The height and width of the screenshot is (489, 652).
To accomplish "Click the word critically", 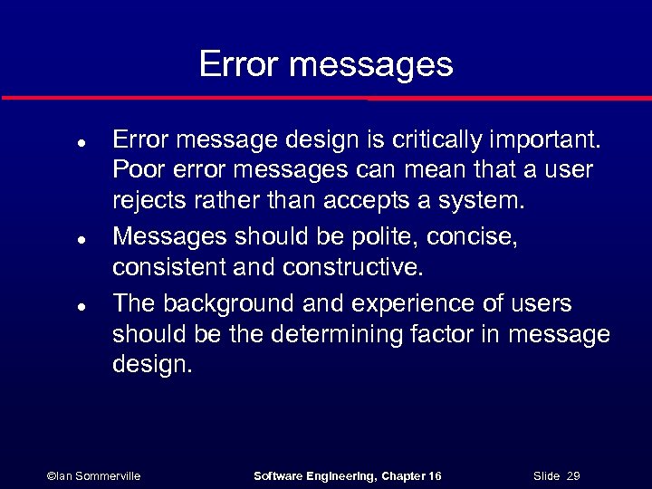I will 437,139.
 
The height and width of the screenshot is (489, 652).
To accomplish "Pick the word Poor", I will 136,171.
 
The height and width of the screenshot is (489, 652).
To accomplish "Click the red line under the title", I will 326,97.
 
